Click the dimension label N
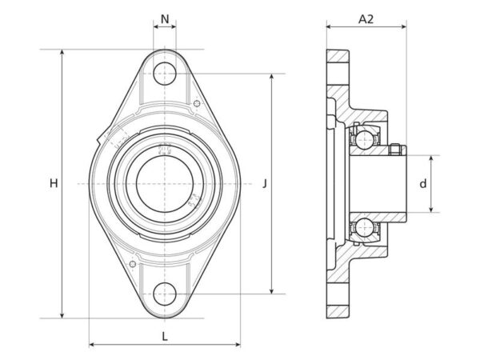[165, 19]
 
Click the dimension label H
[54, 184]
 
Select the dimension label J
[265, 184]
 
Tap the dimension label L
[165, 337]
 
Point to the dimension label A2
[366, 19]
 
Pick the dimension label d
[422, 184]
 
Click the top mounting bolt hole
[165, 74]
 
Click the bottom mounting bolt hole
[165, 294]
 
